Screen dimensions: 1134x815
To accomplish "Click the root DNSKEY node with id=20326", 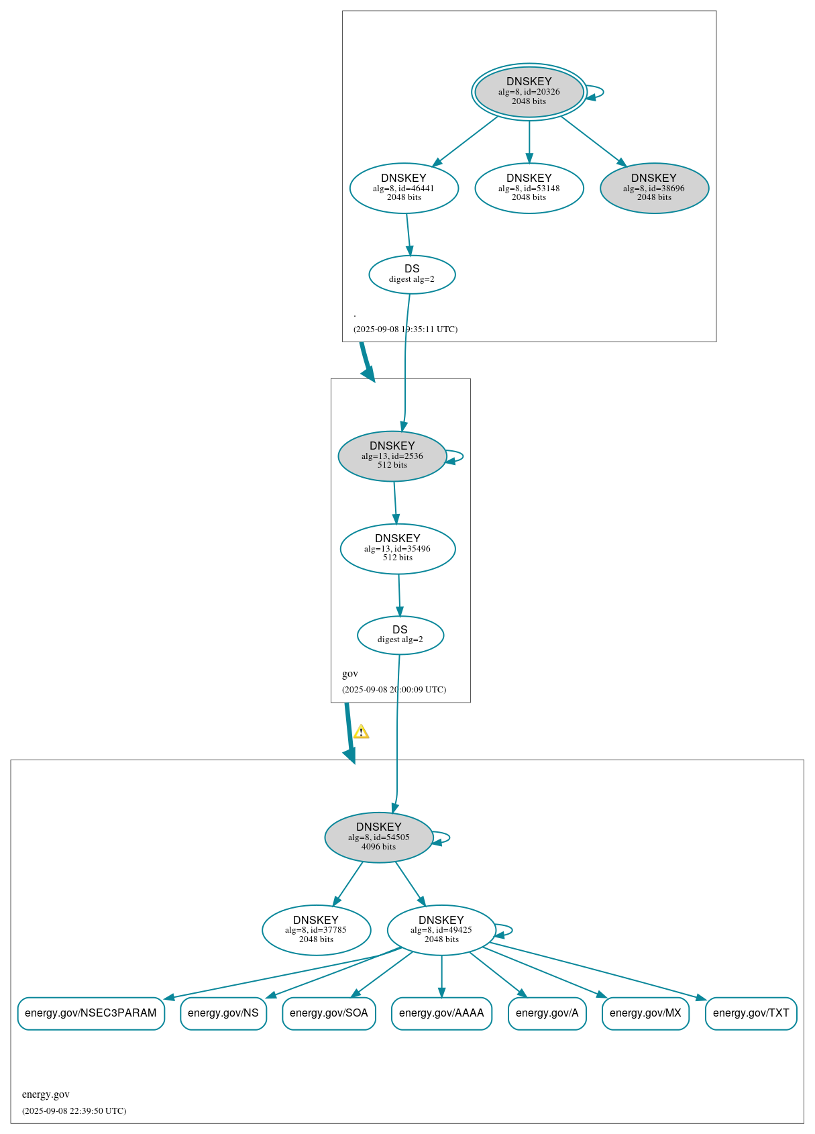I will pos(529,92).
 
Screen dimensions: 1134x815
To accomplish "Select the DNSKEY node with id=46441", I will pos(404,188).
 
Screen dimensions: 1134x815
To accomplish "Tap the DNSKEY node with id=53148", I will pos(529,188).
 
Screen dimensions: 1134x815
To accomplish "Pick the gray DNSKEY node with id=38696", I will pos(654,188).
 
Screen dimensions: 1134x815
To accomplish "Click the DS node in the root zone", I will pos(412,274).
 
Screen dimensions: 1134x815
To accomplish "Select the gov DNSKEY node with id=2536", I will pos(392,456).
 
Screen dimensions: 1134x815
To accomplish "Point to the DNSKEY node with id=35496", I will pos(397,548).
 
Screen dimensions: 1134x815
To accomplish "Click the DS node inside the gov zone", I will pos(400,635).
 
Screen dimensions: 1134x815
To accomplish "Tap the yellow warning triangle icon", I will pos(361,732).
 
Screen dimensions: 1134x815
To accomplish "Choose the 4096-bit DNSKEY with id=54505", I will pos(378,837).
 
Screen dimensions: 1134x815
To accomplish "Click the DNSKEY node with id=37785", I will pos(316,929).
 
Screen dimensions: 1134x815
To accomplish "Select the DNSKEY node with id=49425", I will pos(441,929).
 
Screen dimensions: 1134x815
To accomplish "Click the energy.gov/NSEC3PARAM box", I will pos(91,1013).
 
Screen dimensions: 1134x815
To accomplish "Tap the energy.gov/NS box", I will pos(223,1013).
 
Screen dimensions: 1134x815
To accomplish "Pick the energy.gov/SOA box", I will pos(329,1013).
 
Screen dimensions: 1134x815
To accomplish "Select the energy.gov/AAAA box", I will pos(441,1013).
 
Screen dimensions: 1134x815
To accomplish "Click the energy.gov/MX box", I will pos(645,1013).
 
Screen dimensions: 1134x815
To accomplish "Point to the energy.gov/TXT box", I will pos(751,1013).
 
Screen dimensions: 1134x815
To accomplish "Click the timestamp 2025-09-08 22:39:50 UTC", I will pos(74,1111).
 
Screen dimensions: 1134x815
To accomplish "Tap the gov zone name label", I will pos(350,674).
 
